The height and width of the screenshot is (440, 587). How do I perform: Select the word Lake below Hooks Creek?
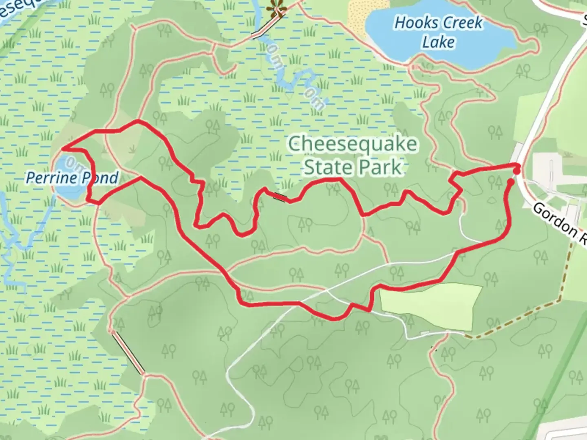438,42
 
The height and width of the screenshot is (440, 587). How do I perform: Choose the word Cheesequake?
353,144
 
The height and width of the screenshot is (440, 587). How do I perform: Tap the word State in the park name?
327,167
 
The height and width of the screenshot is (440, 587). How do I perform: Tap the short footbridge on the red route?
280,197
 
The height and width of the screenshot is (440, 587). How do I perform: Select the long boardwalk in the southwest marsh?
128,352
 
